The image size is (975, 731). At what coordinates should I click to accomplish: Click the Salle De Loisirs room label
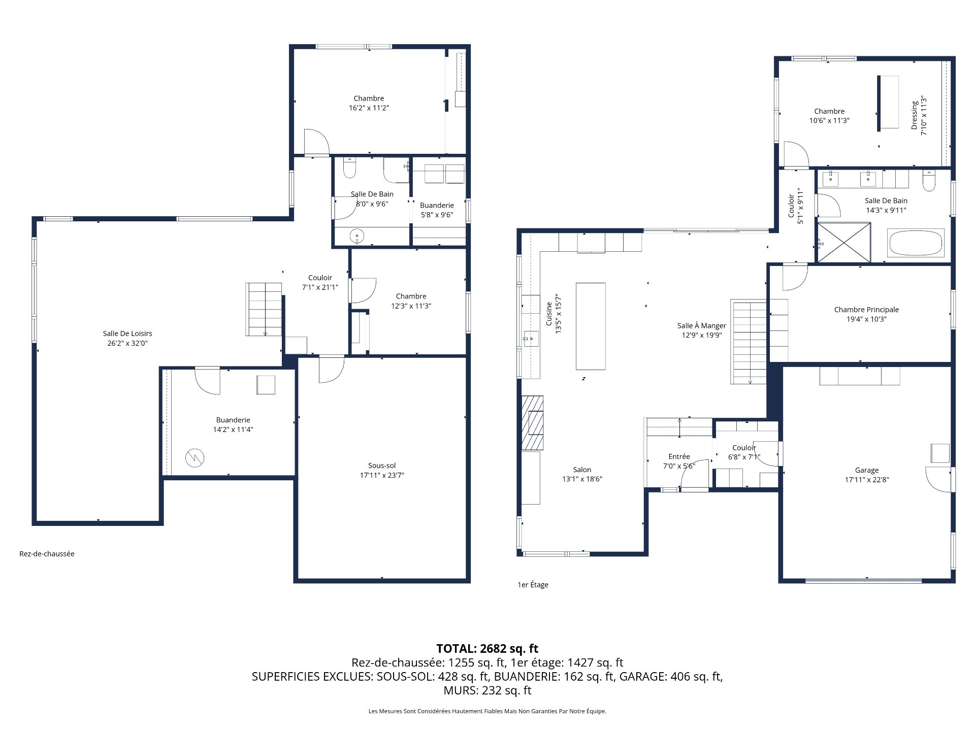[x=127, y=334]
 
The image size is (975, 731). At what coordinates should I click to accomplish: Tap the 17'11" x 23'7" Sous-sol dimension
[x=382, y=475]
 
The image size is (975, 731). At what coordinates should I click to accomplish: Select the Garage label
[x=866, y=470]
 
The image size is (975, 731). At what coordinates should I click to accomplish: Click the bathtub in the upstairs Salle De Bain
[x=915, y=243]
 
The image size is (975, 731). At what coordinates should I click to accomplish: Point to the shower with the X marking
[x=843, y=242]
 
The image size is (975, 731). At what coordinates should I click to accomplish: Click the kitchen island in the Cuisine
[x=591, y=326]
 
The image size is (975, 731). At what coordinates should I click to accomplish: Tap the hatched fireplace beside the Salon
[x=532, y=422]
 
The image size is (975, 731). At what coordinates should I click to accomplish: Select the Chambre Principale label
[x=866, y=309]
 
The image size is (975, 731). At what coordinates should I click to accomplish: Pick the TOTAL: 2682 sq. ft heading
[x=487, y=648]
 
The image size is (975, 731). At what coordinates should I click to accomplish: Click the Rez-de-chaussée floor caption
[x=47, y=554]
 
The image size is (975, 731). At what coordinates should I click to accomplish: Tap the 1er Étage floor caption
[x=533, y=585]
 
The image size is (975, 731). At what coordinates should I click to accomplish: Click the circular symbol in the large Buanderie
[x=194, y=458]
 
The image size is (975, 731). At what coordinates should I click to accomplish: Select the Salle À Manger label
[x=701, y=325]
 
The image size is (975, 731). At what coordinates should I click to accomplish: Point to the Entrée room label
[x=679, y=456]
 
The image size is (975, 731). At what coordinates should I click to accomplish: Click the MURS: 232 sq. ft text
[x=487, y=690]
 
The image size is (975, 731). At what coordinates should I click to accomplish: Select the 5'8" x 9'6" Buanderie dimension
[x=437, y=215]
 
